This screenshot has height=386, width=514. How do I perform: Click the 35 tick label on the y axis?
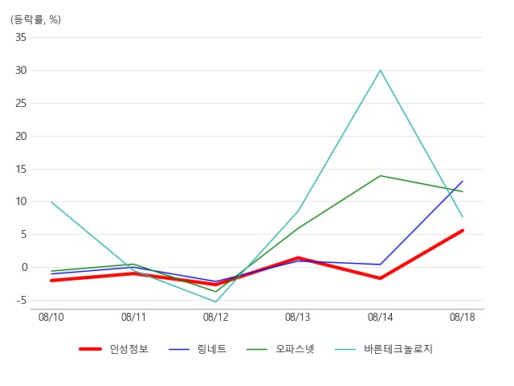coord(21,38)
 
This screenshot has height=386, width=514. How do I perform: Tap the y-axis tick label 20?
coord(21,136)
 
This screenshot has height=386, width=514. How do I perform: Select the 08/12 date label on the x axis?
coord(215,317)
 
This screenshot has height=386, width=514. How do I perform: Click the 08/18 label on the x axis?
coord(463,317)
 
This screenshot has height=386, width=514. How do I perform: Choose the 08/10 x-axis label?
coord(51,317)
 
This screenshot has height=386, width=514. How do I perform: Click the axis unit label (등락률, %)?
coord(35,19)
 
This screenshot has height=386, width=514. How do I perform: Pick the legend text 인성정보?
coord(128,348)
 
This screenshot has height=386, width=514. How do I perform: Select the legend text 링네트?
coord(212,348)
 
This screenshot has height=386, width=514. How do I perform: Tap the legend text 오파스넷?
coord(295,348)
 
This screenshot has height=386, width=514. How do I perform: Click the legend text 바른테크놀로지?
coord(398,348)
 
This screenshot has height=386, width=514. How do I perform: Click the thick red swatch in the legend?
coord(90,349)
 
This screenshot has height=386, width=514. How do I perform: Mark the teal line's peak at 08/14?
coord(380,70)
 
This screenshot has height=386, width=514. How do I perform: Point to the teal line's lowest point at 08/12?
coord(216,302)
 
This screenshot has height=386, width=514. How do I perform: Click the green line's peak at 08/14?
coord(380,175)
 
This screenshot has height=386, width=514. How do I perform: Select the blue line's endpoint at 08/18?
coord(463,181)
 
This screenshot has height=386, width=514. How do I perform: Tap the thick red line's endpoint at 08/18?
coord(463,231)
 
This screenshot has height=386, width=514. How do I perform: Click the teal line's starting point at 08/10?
coord(51,202)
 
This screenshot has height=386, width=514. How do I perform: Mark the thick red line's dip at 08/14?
coord(380,278)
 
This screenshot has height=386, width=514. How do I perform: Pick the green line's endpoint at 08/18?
coord(463,191)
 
